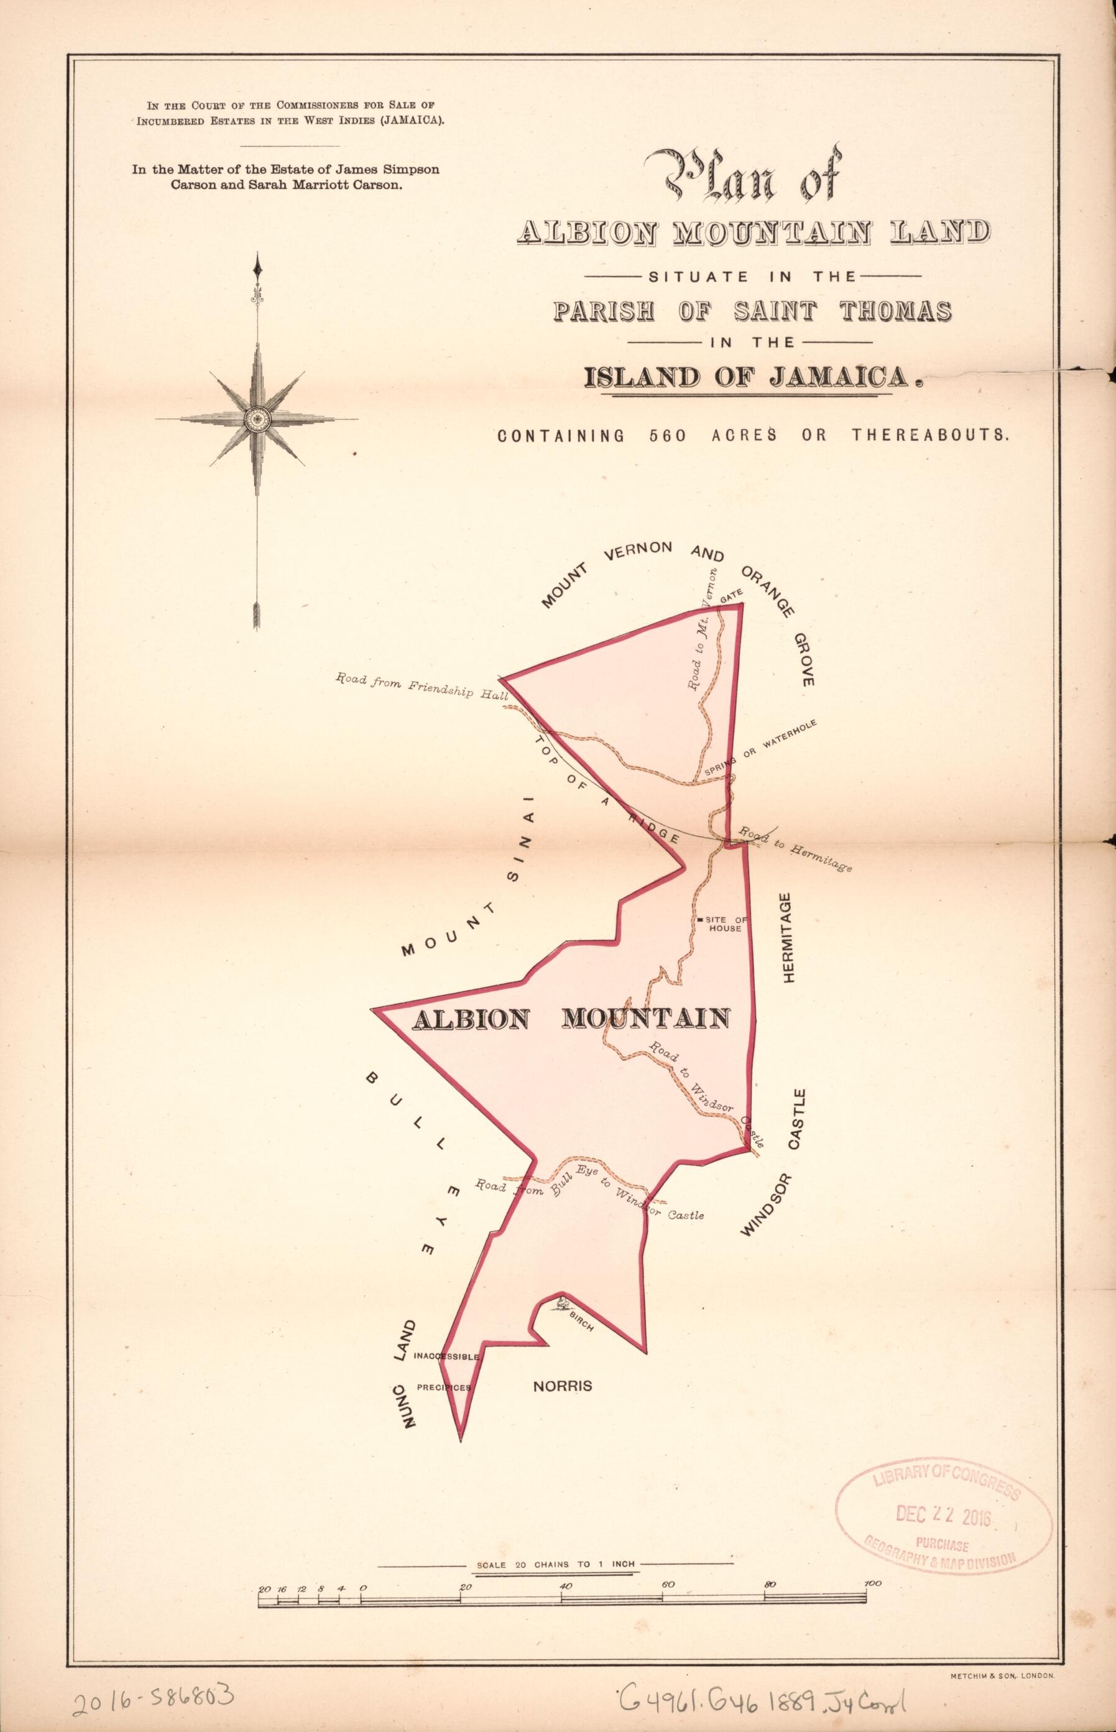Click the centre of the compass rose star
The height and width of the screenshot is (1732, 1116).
[x=257, y=418]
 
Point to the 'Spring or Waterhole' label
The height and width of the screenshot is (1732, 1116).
[x=760, y=750]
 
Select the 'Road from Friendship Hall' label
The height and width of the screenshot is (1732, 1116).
[x=413, y=685]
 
